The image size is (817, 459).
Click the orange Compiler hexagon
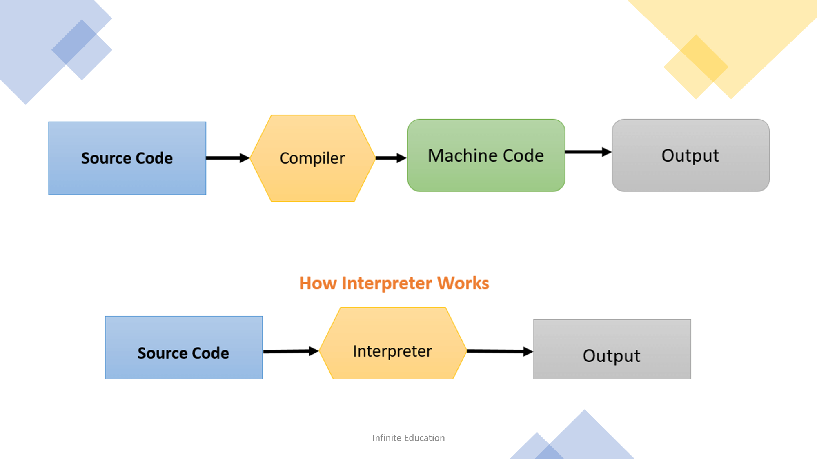(312, 158)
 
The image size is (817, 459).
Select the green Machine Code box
(486, 155)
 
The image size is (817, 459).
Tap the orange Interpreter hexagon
(393, 343)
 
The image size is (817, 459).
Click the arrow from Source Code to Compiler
(228, 158)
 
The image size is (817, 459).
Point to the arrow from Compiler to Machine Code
(391, 158)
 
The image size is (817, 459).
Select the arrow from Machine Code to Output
(588, 152)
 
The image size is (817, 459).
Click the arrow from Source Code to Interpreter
(291, 351)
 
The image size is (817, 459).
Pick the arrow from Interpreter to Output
(500, 351)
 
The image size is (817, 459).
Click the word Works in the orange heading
(463, 283)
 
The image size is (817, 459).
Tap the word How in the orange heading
(318, 283)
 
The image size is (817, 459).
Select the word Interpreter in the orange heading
(387, 283)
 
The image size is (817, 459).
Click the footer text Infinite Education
(408, 438)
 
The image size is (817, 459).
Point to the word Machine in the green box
(462, 155)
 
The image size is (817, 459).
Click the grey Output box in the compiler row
(691, 155)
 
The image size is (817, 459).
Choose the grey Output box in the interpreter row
(612, 349)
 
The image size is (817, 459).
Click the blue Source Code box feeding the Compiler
(127, 158)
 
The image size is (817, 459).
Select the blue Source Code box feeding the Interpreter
(184, 347)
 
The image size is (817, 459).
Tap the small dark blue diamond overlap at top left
(74, 42)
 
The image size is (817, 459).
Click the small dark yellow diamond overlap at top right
(704, 58)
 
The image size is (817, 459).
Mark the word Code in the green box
(523, 155)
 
